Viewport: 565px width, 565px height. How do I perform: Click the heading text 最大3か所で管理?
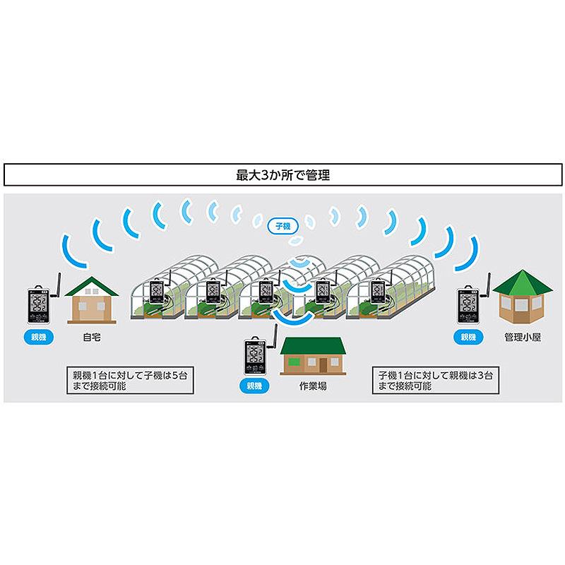tap(282, 175)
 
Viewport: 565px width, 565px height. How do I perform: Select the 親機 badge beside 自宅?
tap(39, 338)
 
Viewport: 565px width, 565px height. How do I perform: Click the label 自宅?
tap(91, 338)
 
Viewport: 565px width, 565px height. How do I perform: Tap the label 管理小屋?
tap(523, 338)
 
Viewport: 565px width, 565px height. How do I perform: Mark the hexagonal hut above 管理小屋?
tap(522, 296)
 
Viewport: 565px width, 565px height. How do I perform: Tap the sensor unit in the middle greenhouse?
tap(266, 291)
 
